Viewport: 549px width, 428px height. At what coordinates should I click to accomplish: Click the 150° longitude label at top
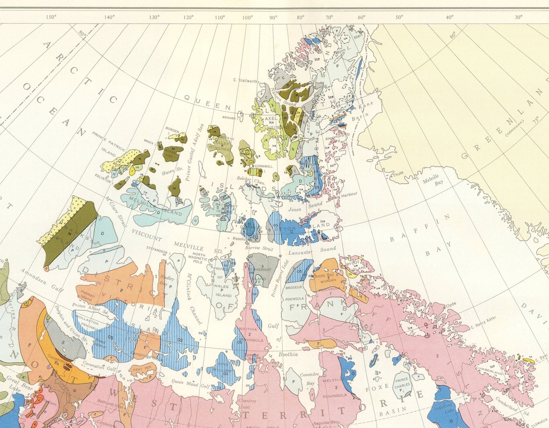click(51, 17)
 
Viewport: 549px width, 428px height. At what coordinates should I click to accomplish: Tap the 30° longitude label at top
click(518, 17)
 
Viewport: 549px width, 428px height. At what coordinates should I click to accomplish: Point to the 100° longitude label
click(248, 17)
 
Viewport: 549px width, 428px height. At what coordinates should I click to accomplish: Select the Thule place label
click(398, 174)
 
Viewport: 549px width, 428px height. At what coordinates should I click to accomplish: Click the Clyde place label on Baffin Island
click(451, 305)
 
